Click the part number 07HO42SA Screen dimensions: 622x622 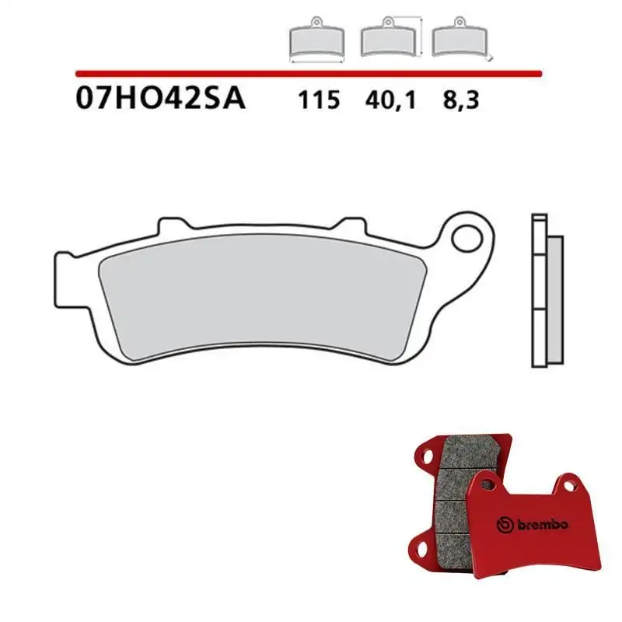click(x=161, y=100)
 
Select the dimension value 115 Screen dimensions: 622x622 click(x=318, y=101)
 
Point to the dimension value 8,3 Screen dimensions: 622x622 click(x=458, y=101)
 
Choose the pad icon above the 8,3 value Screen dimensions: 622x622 click(x=456, y=39)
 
